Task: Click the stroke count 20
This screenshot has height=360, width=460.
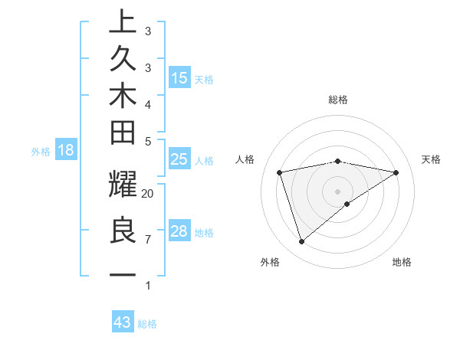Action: coord(148,194)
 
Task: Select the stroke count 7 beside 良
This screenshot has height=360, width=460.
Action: coord(148,240)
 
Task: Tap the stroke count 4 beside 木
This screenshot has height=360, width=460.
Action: coord(148,103)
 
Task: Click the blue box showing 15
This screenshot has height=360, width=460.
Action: coord(179,77)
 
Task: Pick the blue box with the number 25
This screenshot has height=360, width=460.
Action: coord(179,159)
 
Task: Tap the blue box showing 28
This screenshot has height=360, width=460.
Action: coord(179,231)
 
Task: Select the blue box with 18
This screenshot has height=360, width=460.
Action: coord(65,150)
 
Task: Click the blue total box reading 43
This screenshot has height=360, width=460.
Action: coord(123,322)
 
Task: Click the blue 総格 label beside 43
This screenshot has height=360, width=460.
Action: coord(147,324)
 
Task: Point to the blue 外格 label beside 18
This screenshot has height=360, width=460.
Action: coord(41,152)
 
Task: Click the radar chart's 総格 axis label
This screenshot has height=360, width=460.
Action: coord(337,100)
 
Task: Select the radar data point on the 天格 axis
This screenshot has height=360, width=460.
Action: coord(396,172)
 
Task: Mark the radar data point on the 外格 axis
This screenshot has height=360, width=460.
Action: coord(301,242)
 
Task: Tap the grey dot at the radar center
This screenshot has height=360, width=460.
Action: coord(337,191)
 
